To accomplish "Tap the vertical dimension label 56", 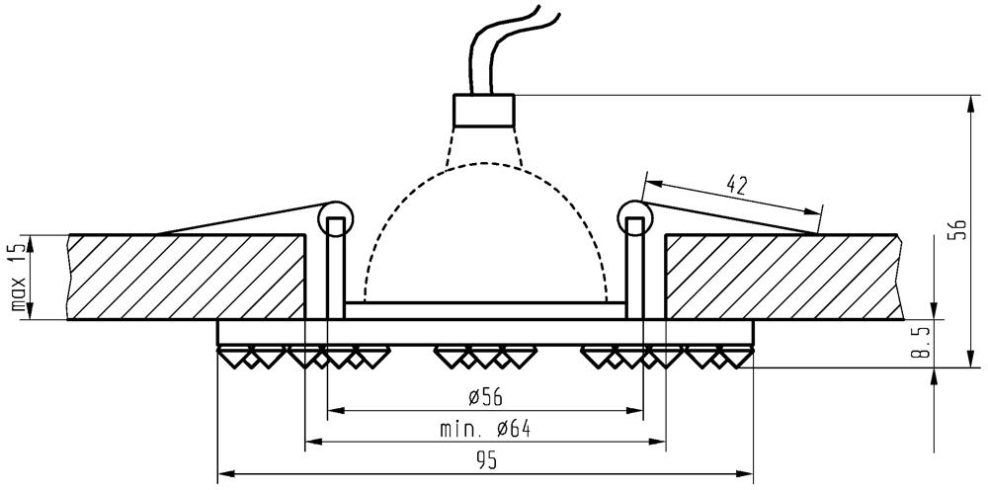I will tap(954, 230).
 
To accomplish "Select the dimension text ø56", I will tap(484, 396).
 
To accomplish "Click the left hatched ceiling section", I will tap(188, 277).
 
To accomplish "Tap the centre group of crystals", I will tap(484, 355).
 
